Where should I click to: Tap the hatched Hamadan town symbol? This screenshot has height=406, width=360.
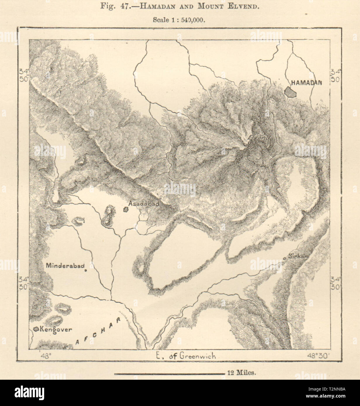tap(291, 92)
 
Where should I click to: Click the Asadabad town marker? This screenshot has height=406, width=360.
tap(126, 209)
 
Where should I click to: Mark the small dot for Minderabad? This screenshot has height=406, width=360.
tap(86, 270)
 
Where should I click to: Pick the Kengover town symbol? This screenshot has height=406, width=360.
tap(36, 329)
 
